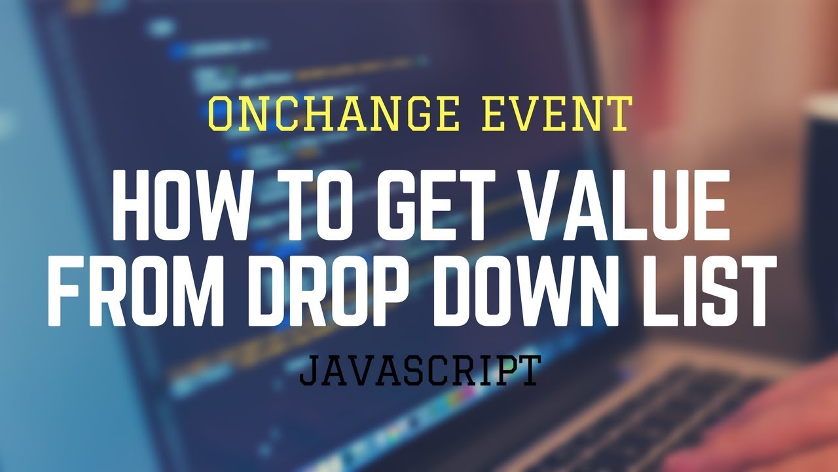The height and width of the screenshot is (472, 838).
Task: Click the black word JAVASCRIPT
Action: [x=419, y=370]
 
